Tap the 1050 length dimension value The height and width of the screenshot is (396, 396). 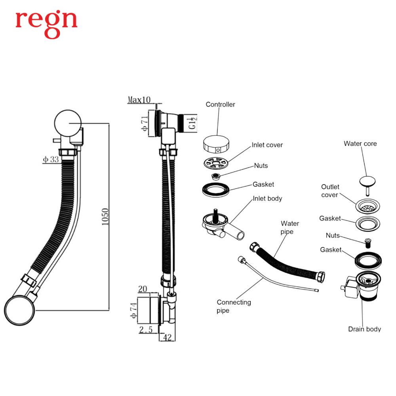point(105,216)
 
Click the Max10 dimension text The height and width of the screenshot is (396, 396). point(139,100)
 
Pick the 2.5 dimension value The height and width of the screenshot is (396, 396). point(145,329)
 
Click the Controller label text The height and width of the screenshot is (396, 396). point(220,105)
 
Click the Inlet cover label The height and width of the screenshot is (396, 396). point(267,145)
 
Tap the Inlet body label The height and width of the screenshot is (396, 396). point(267,198)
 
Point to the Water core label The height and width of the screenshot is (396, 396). point(360,143)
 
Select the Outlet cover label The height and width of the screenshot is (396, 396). point(330,190)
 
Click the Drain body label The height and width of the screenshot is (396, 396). point(364,329)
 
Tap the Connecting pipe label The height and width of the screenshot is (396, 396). point(234,306)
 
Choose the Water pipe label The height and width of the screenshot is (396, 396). point(290,227)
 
